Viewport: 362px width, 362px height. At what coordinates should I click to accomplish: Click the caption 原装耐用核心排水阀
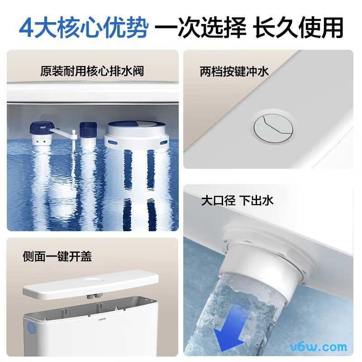92,71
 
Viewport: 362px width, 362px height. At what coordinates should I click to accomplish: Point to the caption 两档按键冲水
234,71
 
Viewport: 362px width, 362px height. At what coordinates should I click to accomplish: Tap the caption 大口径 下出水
238,200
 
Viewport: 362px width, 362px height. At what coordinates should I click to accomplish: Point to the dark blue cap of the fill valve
40,128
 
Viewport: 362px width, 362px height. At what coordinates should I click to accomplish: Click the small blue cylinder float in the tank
88,130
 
